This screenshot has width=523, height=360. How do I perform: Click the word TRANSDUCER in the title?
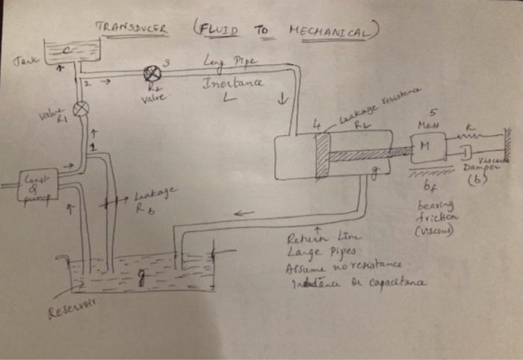(x=131, y=28)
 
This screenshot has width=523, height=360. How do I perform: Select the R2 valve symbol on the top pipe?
(x=153, y=73)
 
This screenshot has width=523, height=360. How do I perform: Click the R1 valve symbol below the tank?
(x=81, y=109)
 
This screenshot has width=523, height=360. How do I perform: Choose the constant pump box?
(x=37, y=184)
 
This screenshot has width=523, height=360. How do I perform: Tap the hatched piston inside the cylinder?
(x=322, y=156)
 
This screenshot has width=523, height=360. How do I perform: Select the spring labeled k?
(x=474, y=138)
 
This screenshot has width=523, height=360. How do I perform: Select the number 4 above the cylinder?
(x=316, y=126)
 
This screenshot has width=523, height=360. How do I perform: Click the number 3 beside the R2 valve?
(x=175, y=60)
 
